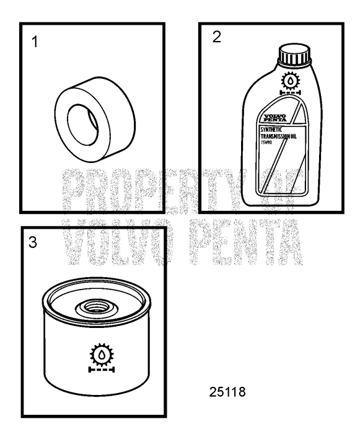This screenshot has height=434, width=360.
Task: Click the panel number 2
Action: click(216, 36)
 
